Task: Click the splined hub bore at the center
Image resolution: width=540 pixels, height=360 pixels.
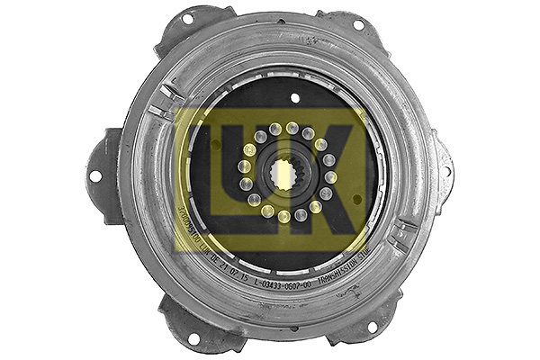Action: (286, 172)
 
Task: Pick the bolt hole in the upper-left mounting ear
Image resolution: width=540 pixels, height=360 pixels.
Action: (187, 19)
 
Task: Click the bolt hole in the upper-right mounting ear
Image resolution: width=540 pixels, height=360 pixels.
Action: (358, 24)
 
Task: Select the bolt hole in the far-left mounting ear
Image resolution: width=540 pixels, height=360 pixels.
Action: (96, 176)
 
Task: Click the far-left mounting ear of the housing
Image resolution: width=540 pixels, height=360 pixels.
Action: (103, 176)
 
